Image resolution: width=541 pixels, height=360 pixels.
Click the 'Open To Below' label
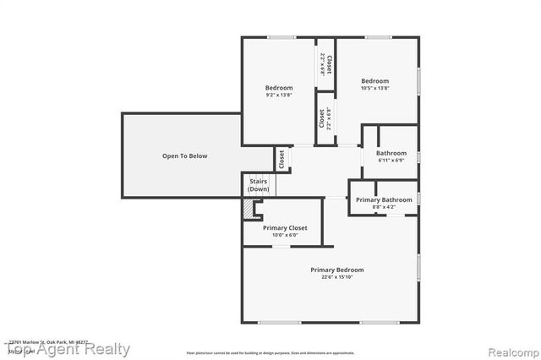coord(184,156)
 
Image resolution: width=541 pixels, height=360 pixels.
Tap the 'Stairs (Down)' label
coord(259,185)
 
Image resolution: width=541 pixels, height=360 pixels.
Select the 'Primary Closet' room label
coord(285,228)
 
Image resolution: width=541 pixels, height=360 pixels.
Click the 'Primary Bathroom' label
coord(384,200)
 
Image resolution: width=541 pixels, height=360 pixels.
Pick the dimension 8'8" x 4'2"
coord(384,207)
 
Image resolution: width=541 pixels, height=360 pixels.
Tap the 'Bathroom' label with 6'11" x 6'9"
coord(391,153)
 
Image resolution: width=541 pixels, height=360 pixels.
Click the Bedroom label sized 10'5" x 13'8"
coord(374,81)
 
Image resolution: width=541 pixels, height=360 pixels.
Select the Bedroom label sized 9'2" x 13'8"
coord(279,88)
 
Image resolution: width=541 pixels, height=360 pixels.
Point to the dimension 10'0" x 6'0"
coord(285,236)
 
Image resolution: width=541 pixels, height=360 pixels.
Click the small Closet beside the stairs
coord(280,158)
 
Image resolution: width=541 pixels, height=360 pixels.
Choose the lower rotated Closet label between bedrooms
coord(322,117)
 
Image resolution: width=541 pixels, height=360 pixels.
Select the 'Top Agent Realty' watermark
coord(68,349)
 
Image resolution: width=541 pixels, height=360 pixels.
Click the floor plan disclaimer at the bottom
coord(270,352)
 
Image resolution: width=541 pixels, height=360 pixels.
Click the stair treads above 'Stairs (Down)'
coord(259,174)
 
